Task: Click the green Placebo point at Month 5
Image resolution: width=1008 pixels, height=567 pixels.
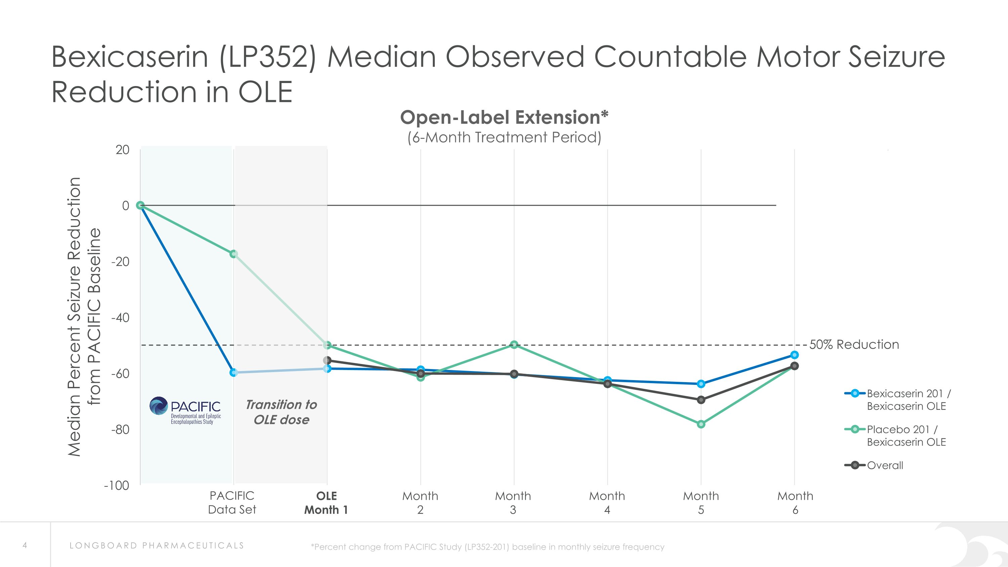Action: (701, 424)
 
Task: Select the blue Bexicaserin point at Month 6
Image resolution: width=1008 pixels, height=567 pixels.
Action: (794, 355)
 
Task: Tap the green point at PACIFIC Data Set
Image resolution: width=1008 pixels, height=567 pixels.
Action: (234, 254)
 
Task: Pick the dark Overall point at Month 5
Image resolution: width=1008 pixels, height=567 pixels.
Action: (701, 400)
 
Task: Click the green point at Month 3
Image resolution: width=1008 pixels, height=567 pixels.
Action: (514, 345)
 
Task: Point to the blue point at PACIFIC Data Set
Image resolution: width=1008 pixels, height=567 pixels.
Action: (234, 372)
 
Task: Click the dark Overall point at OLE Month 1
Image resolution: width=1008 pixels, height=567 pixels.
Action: (328, 360)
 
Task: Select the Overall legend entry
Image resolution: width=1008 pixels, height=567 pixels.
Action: (884, 465)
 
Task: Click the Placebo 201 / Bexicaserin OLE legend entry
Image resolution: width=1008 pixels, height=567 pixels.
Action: (906, 436)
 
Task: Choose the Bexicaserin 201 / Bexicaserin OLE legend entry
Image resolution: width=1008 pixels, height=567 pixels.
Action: (908, 400)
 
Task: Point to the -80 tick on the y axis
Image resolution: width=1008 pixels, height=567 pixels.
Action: (120, 430)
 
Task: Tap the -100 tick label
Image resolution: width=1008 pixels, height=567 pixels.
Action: (117, 486)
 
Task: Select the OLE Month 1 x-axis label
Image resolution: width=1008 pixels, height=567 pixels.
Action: (326, 503)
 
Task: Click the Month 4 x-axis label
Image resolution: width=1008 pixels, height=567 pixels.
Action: (607, 503)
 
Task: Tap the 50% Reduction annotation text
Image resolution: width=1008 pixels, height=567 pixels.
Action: (854, 345)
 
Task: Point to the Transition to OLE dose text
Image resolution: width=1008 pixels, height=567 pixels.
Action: (281, 412)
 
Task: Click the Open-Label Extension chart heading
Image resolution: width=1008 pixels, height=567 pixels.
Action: (504, 118)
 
